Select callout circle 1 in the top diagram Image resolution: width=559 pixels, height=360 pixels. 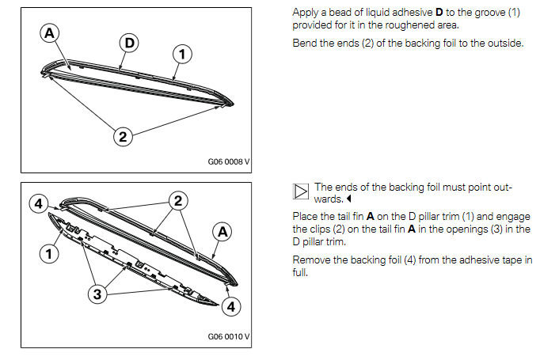[x=181, y=53]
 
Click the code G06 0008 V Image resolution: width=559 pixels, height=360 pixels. [x=228, y=162]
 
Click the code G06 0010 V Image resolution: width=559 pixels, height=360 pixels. [x=228, y=336]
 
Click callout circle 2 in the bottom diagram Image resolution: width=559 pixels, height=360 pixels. [x=179, y=200]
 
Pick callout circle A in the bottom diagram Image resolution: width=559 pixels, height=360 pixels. [x=222, y=232]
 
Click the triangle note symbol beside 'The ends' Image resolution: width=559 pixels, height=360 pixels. [x=300, y=193]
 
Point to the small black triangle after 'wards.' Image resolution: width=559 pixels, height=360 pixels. [x=348, y=199]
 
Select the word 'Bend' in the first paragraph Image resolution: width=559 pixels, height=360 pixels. [x=305, y=42]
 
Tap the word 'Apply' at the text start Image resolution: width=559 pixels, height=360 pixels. [x=306, y=13]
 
